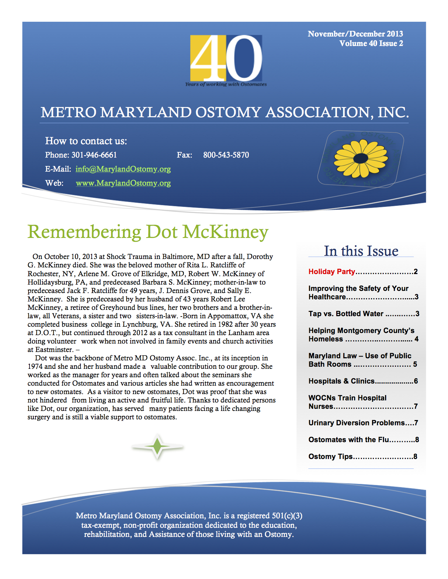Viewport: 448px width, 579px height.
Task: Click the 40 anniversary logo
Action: [x=226, y=59]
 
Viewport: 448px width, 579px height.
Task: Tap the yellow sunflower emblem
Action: [x=361, y=158]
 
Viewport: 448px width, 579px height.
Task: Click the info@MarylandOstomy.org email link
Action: [x=123, y=169]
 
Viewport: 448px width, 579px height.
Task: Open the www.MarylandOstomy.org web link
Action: [x=123, y=183]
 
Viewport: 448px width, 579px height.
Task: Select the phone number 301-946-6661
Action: [x=94, y=155]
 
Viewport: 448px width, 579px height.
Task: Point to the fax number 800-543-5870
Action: [x=226, y=155]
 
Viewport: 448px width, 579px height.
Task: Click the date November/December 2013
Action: [x=355, y=34]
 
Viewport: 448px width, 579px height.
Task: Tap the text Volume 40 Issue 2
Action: [x=371, y=44]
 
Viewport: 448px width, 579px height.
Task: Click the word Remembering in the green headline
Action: [x=84, y=232]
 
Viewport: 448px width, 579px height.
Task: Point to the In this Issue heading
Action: [x=361, y=251]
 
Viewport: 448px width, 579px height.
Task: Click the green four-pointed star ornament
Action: [x=158, y=447]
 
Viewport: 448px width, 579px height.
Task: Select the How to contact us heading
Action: [x=86, y=141]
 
